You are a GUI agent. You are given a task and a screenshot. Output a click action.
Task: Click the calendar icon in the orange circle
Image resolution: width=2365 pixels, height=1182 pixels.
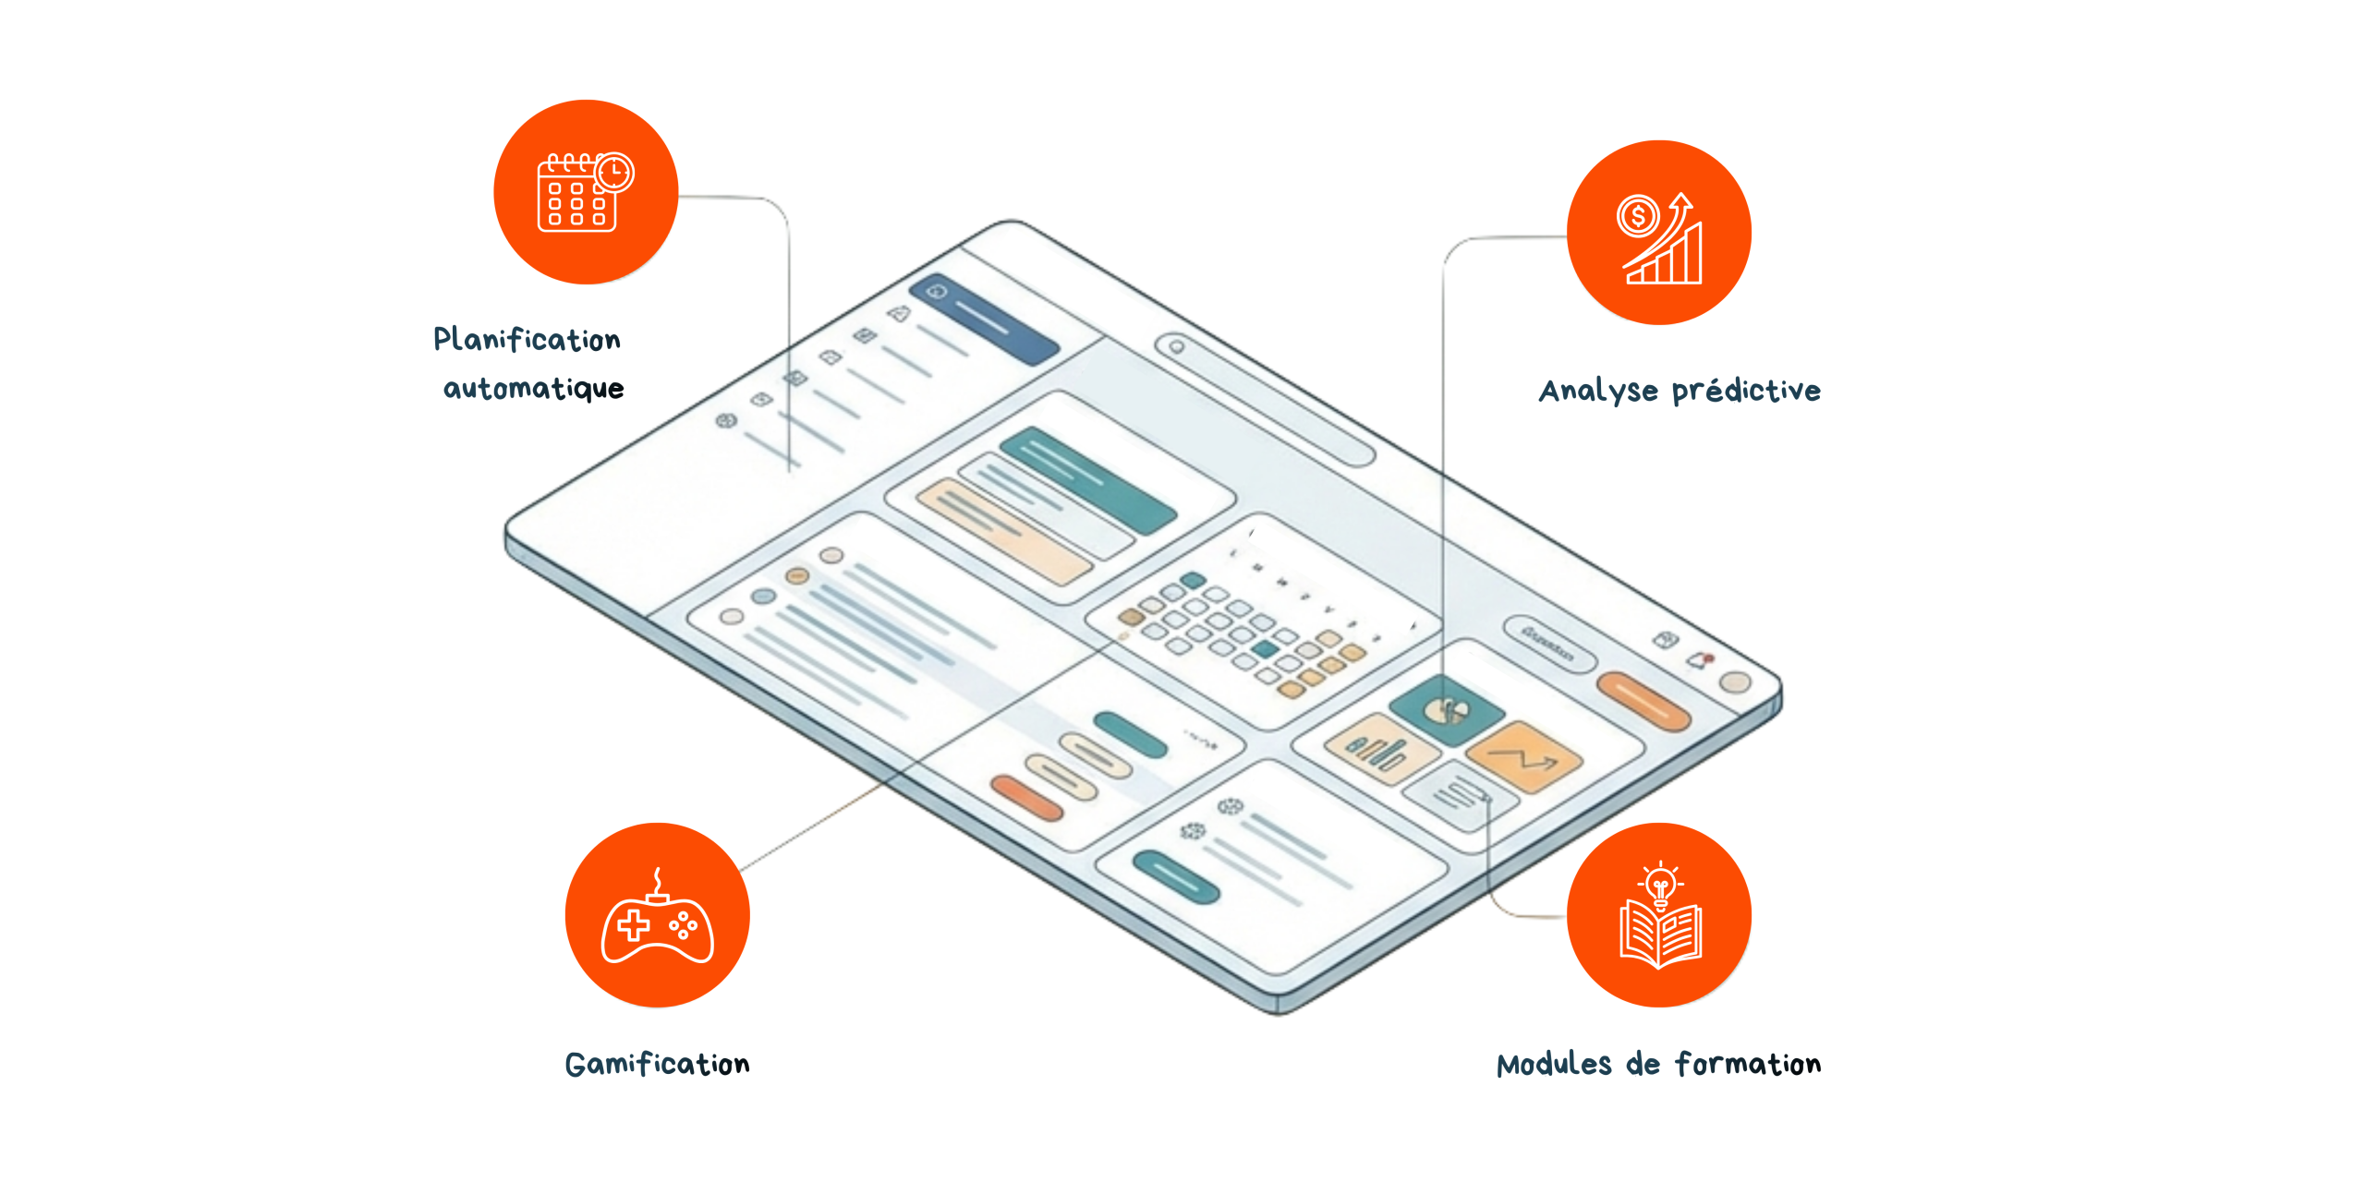[x=585, y=192]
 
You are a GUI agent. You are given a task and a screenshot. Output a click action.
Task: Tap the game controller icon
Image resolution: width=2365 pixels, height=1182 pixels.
[x=657, y=921]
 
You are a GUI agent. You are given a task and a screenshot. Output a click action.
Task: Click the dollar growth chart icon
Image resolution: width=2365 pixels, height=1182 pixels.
[x=1660, y=237]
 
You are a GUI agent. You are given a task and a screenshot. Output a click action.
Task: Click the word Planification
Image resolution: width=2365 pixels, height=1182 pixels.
[x=527, y=340]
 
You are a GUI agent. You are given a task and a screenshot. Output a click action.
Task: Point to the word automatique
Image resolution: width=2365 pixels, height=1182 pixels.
[x=533, y=389]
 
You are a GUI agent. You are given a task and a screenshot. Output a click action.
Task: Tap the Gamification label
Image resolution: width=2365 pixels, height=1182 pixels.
[x=657, y=1064]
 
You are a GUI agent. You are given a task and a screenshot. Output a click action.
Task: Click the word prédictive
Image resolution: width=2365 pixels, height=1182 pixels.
[x=1746, y=391]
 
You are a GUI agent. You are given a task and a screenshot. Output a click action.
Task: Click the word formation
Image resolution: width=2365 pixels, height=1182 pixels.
[x=1748, y=1065]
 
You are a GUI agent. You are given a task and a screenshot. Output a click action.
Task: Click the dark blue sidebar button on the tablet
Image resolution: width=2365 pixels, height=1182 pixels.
[x=984, y=319]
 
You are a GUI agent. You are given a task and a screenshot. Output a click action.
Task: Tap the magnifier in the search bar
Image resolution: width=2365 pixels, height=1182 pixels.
[x=1177, y=347]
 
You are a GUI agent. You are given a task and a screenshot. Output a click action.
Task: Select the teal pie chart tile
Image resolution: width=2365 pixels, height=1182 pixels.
[x=1446, y=709]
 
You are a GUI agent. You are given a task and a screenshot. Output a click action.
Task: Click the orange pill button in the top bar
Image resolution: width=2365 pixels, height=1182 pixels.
[x=1643, y=702]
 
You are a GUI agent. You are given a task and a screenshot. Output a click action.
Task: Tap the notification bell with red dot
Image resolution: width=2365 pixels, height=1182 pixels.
[x=1699, y=659]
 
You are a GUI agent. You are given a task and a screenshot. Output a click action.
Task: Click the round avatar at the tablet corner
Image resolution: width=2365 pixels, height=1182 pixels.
[x=1735, y=682]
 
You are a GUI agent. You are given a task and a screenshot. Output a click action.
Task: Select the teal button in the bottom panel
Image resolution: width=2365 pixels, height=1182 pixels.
[x=1176, y=878]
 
